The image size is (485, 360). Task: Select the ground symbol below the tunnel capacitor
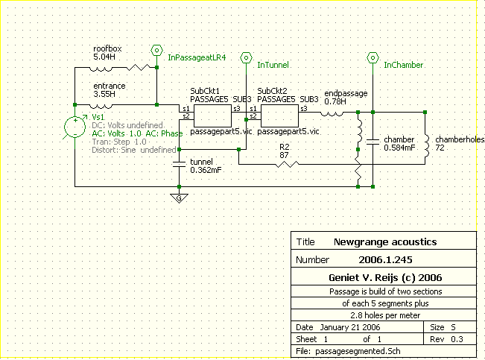(178, 198)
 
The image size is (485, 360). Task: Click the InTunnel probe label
(272, 66)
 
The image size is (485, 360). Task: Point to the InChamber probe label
(403, 66)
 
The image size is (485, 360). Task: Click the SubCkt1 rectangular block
(212, 114)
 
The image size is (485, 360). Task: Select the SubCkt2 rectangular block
(279, 114)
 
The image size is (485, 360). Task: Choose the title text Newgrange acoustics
(385, 242)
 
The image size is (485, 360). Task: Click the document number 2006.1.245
(384, 261)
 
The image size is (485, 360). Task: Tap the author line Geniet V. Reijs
(384, 277)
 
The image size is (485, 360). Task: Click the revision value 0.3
(460, 338)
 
